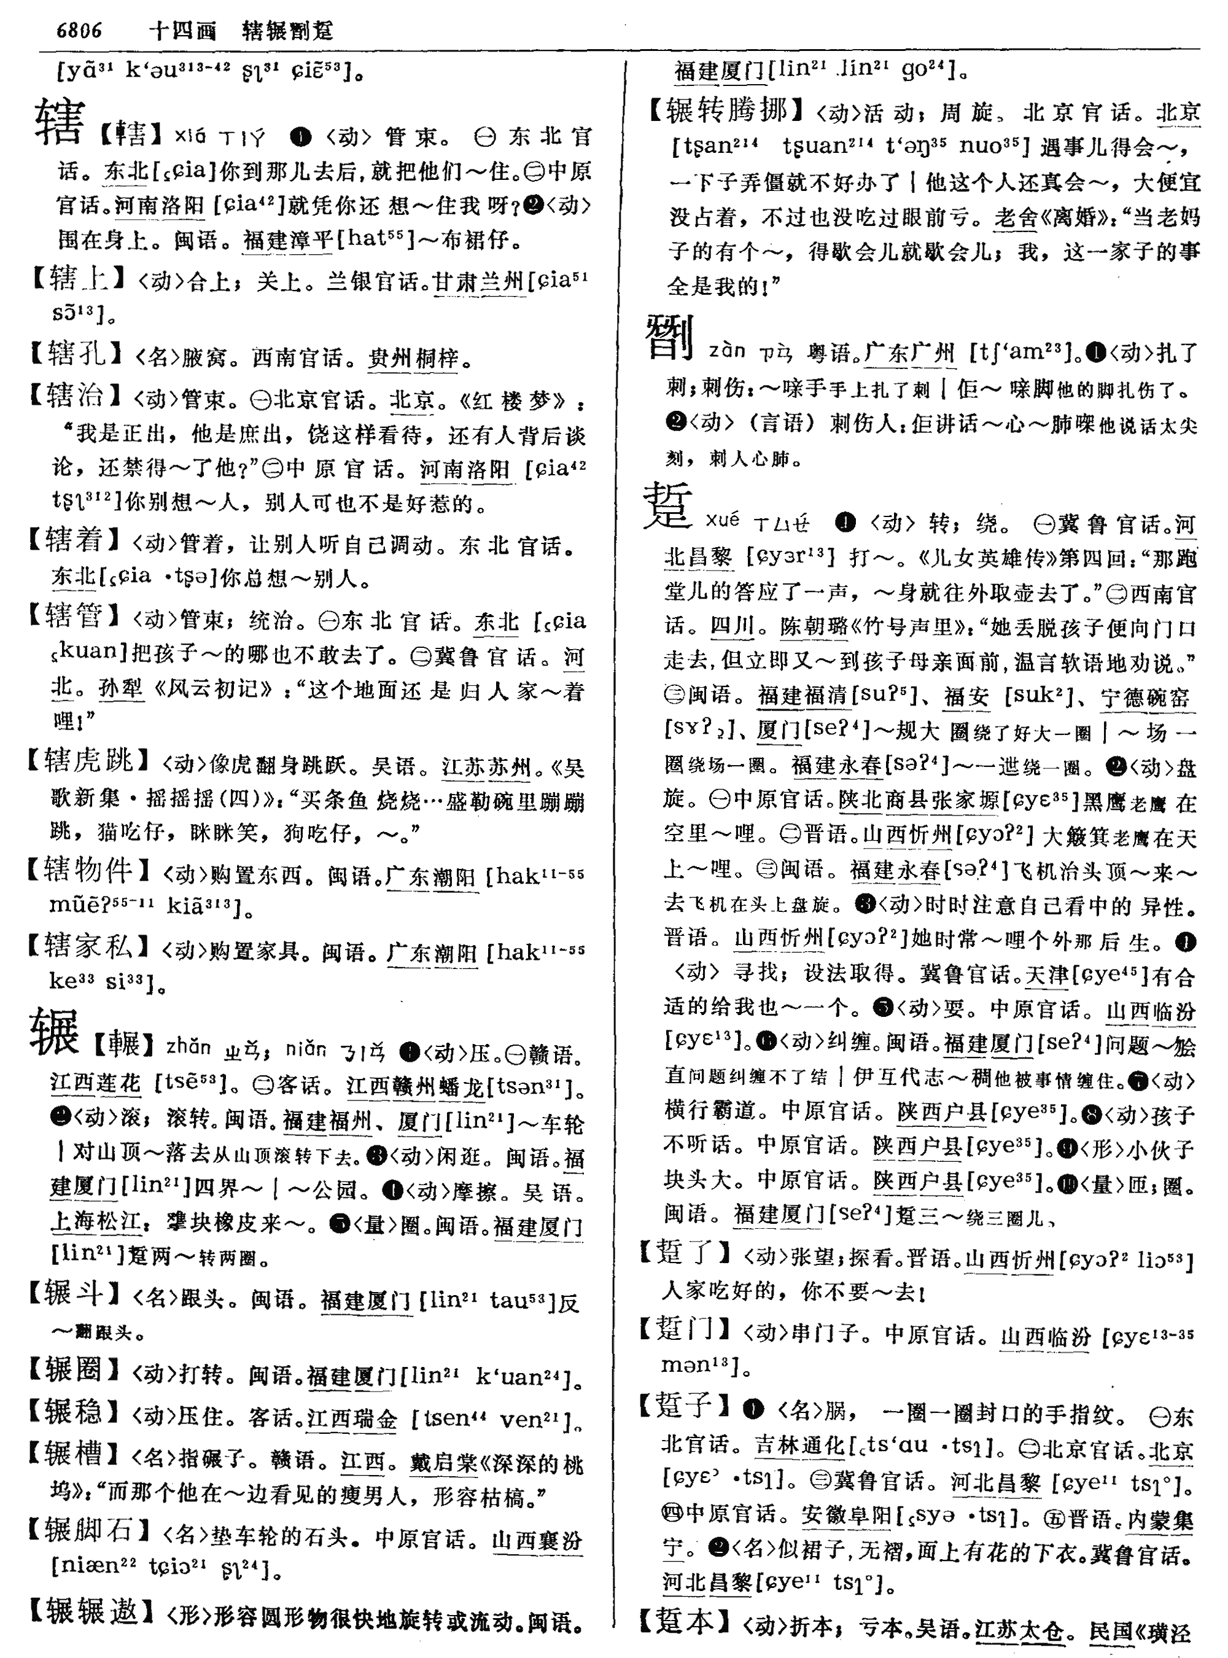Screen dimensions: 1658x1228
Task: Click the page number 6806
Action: [x=79, y=31]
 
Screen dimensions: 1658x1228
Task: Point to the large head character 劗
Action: [x=670, y=338]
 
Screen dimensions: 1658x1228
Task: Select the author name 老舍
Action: [x=1016, y=217]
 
